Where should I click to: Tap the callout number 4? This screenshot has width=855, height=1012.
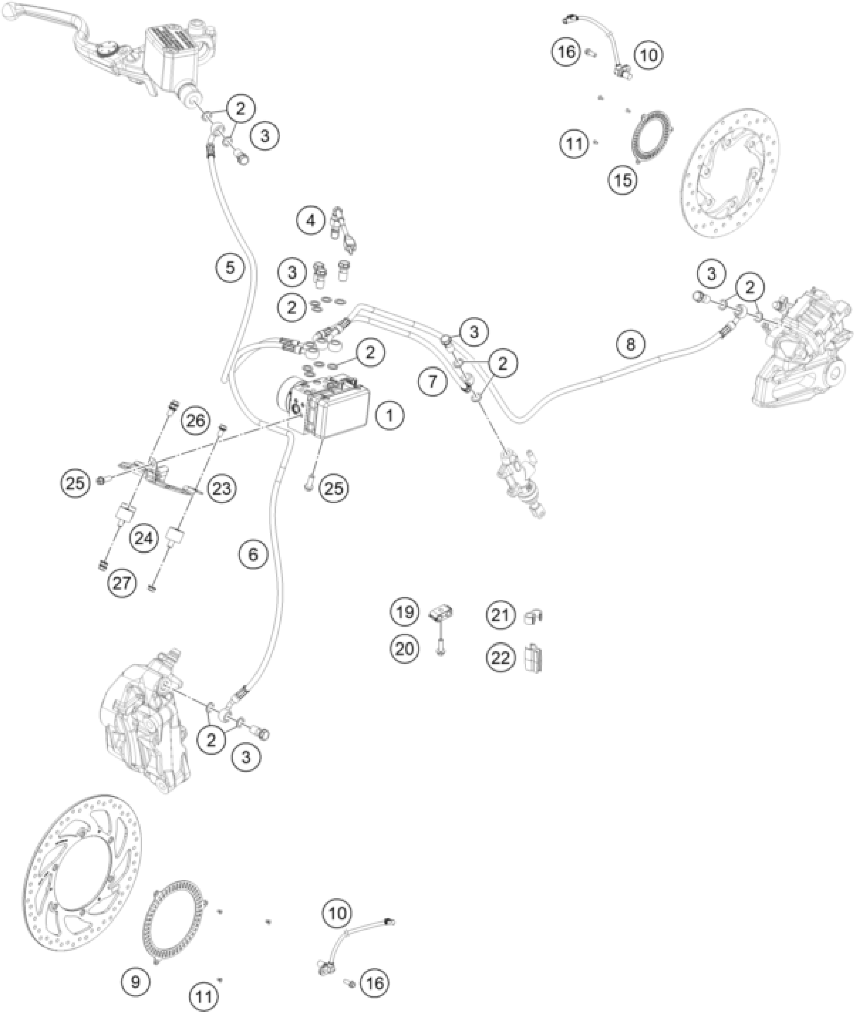[311, 220]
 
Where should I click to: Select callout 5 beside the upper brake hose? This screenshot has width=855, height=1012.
[230, 267]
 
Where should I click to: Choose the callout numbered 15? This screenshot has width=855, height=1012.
[623, 179]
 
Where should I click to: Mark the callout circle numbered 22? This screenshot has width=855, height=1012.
[500, 658]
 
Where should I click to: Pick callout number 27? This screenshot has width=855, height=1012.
[122, 583]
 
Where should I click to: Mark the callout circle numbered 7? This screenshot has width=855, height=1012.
[433, 381]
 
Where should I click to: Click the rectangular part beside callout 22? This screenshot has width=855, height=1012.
[534, 658]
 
